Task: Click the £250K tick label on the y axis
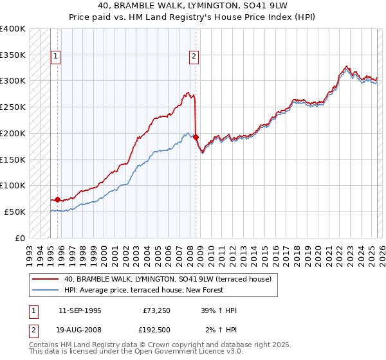click(x=13, y=107)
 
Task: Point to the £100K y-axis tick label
click(x=13, y=185)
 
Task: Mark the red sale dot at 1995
click(x=57, y=199)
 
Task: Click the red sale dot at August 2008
click(x=196, y=137)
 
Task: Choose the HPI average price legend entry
click(x=143, y=290)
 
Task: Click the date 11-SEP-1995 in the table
click(x=79, y=310)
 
